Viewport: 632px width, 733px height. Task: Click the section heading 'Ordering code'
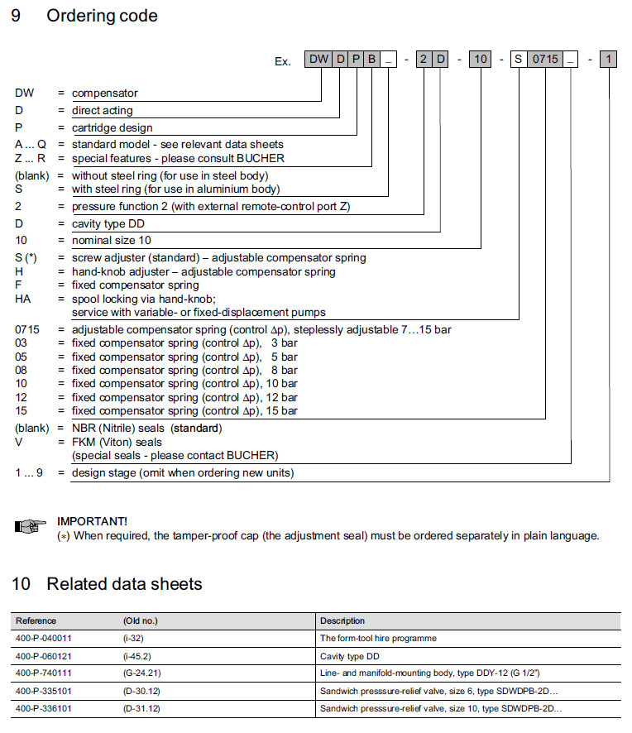point(102,16)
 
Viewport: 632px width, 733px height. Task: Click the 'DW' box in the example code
point(318,60)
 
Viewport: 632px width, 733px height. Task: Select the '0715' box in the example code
point(545,60)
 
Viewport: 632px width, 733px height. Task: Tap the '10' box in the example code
point(481,60)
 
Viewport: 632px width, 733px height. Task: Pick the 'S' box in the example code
point(519,60)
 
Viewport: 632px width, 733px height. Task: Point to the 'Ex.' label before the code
point(283,61)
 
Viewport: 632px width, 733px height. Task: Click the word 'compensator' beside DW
point(104,93)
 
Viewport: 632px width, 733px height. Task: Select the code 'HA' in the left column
point(23,299)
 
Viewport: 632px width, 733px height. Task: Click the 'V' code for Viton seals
point(19,442)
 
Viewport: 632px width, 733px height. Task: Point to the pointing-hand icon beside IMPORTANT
point(31,526)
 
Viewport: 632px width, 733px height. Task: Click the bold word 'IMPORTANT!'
point(92,521)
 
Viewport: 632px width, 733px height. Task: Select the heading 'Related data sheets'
point(124,584)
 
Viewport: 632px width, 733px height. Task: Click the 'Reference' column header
point(36,620)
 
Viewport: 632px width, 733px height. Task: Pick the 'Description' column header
point(342,620)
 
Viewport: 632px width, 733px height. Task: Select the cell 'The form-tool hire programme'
point(378,638)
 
